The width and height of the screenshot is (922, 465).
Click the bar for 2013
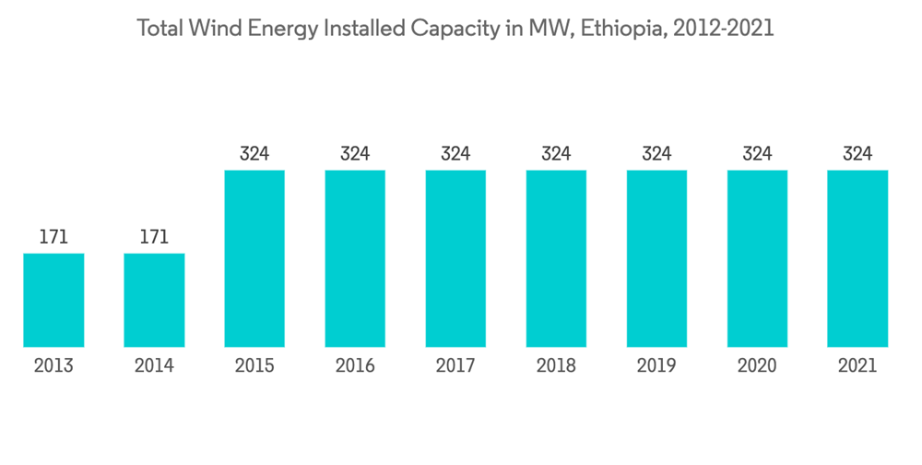(x=53, y=300)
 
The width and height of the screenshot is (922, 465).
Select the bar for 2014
(x=154, y=300)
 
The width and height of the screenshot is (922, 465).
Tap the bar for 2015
(x=254, y=258)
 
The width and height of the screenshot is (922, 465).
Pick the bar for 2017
(x=455, y=258)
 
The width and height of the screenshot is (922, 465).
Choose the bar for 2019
(x=656, y=258)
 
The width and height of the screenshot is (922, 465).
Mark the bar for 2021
(x=857, y=258)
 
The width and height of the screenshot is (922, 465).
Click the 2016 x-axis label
(x=355, y=366)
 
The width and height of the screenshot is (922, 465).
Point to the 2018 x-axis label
(x=556, y=366)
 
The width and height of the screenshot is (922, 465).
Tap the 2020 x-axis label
(x=757, y=366)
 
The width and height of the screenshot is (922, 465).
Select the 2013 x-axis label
(x=53, y=366)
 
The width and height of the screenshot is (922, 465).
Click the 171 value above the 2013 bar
(x=53, y=237)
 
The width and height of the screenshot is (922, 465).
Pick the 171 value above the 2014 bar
(x=154, y=237)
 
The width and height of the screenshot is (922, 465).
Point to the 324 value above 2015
(x=254, y=153)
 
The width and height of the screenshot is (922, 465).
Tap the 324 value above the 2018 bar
(x=556, y=153)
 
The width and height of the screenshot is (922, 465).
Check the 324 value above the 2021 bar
(x=857, y=153)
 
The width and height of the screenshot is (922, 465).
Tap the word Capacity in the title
(x=465, y=29)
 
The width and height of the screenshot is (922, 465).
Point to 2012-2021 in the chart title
(x=723, y=29)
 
